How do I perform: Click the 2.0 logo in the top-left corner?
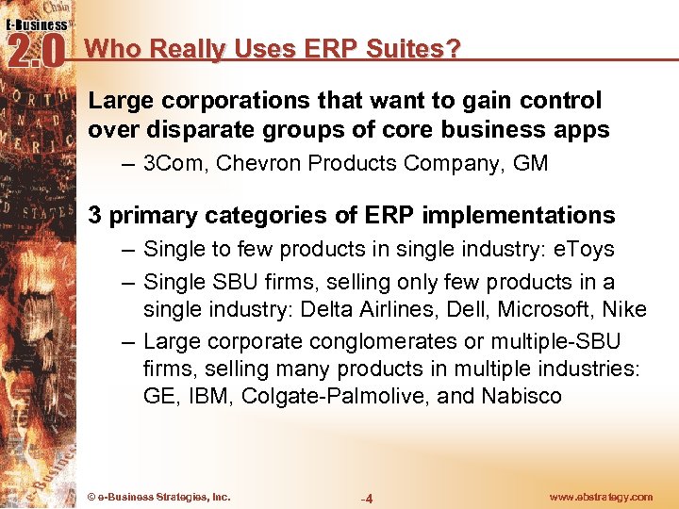coord(35,48)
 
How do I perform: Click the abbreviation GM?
coord(531,163)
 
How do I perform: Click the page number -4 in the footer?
coord(368,498)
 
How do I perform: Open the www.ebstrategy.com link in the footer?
coord(600,497)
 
